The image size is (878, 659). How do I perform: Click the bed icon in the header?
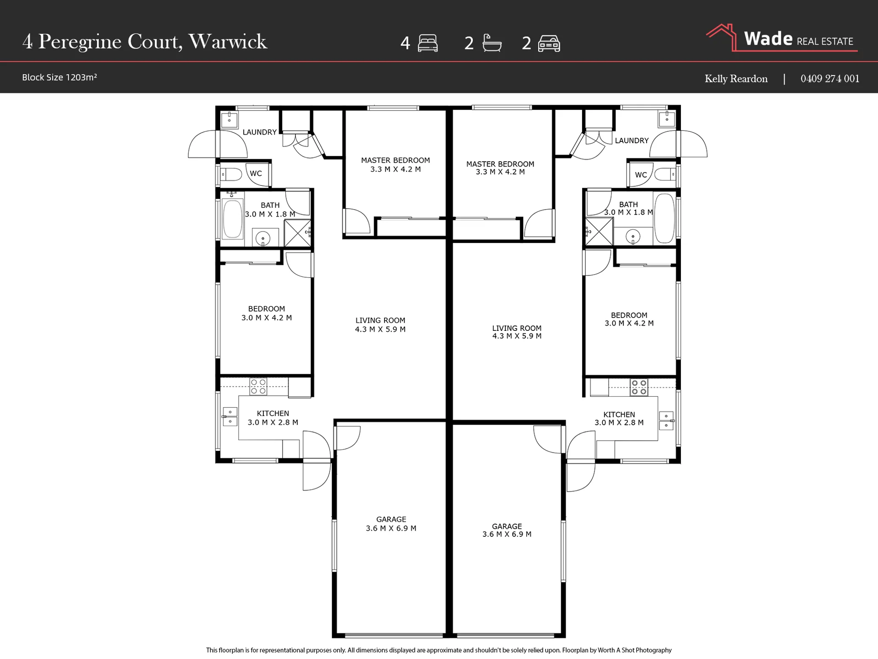click(x=428, y=43)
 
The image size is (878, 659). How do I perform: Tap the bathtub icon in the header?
click(x=492, y=43)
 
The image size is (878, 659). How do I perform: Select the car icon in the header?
click(x=549, y=43)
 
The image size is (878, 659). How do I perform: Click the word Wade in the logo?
click(x=768, y=38)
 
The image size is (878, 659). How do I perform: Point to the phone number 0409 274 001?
click(x=830, y=79)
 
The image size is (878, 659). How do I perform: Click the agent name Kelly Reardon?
click(x=736, y=79)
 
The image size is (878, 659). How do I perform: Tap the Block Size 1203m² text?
click(x=59, y=77)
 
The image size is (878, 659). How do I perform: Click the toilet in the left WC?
click(x=231, y=174)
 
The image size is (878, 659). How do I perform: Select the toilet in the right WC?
click(x=665, y=174)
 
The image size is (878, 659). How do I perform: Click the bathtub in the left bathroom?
click(x=232, y=219)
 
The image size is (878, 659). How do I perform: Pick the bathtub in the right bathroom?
click(x=664, y=218)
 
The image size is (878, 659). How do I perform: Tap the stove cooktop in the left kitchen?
click(x=258, y=387)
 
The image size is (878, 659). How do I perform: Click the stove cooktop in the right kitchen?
click(x=639, y=387)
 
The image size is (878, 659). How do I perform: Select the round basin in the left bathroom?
click(x=263, y=238)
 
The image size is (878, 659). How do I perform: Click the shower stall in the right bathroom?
click(x=599, y=232)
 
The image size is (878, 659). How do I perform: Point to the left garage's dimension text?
click(x=391, y=528)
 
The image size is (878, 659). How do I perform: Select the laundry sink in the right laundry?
click(x=667, y=119)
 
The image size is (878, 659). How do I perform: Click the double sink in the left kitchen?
click(x=230, y=417)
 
